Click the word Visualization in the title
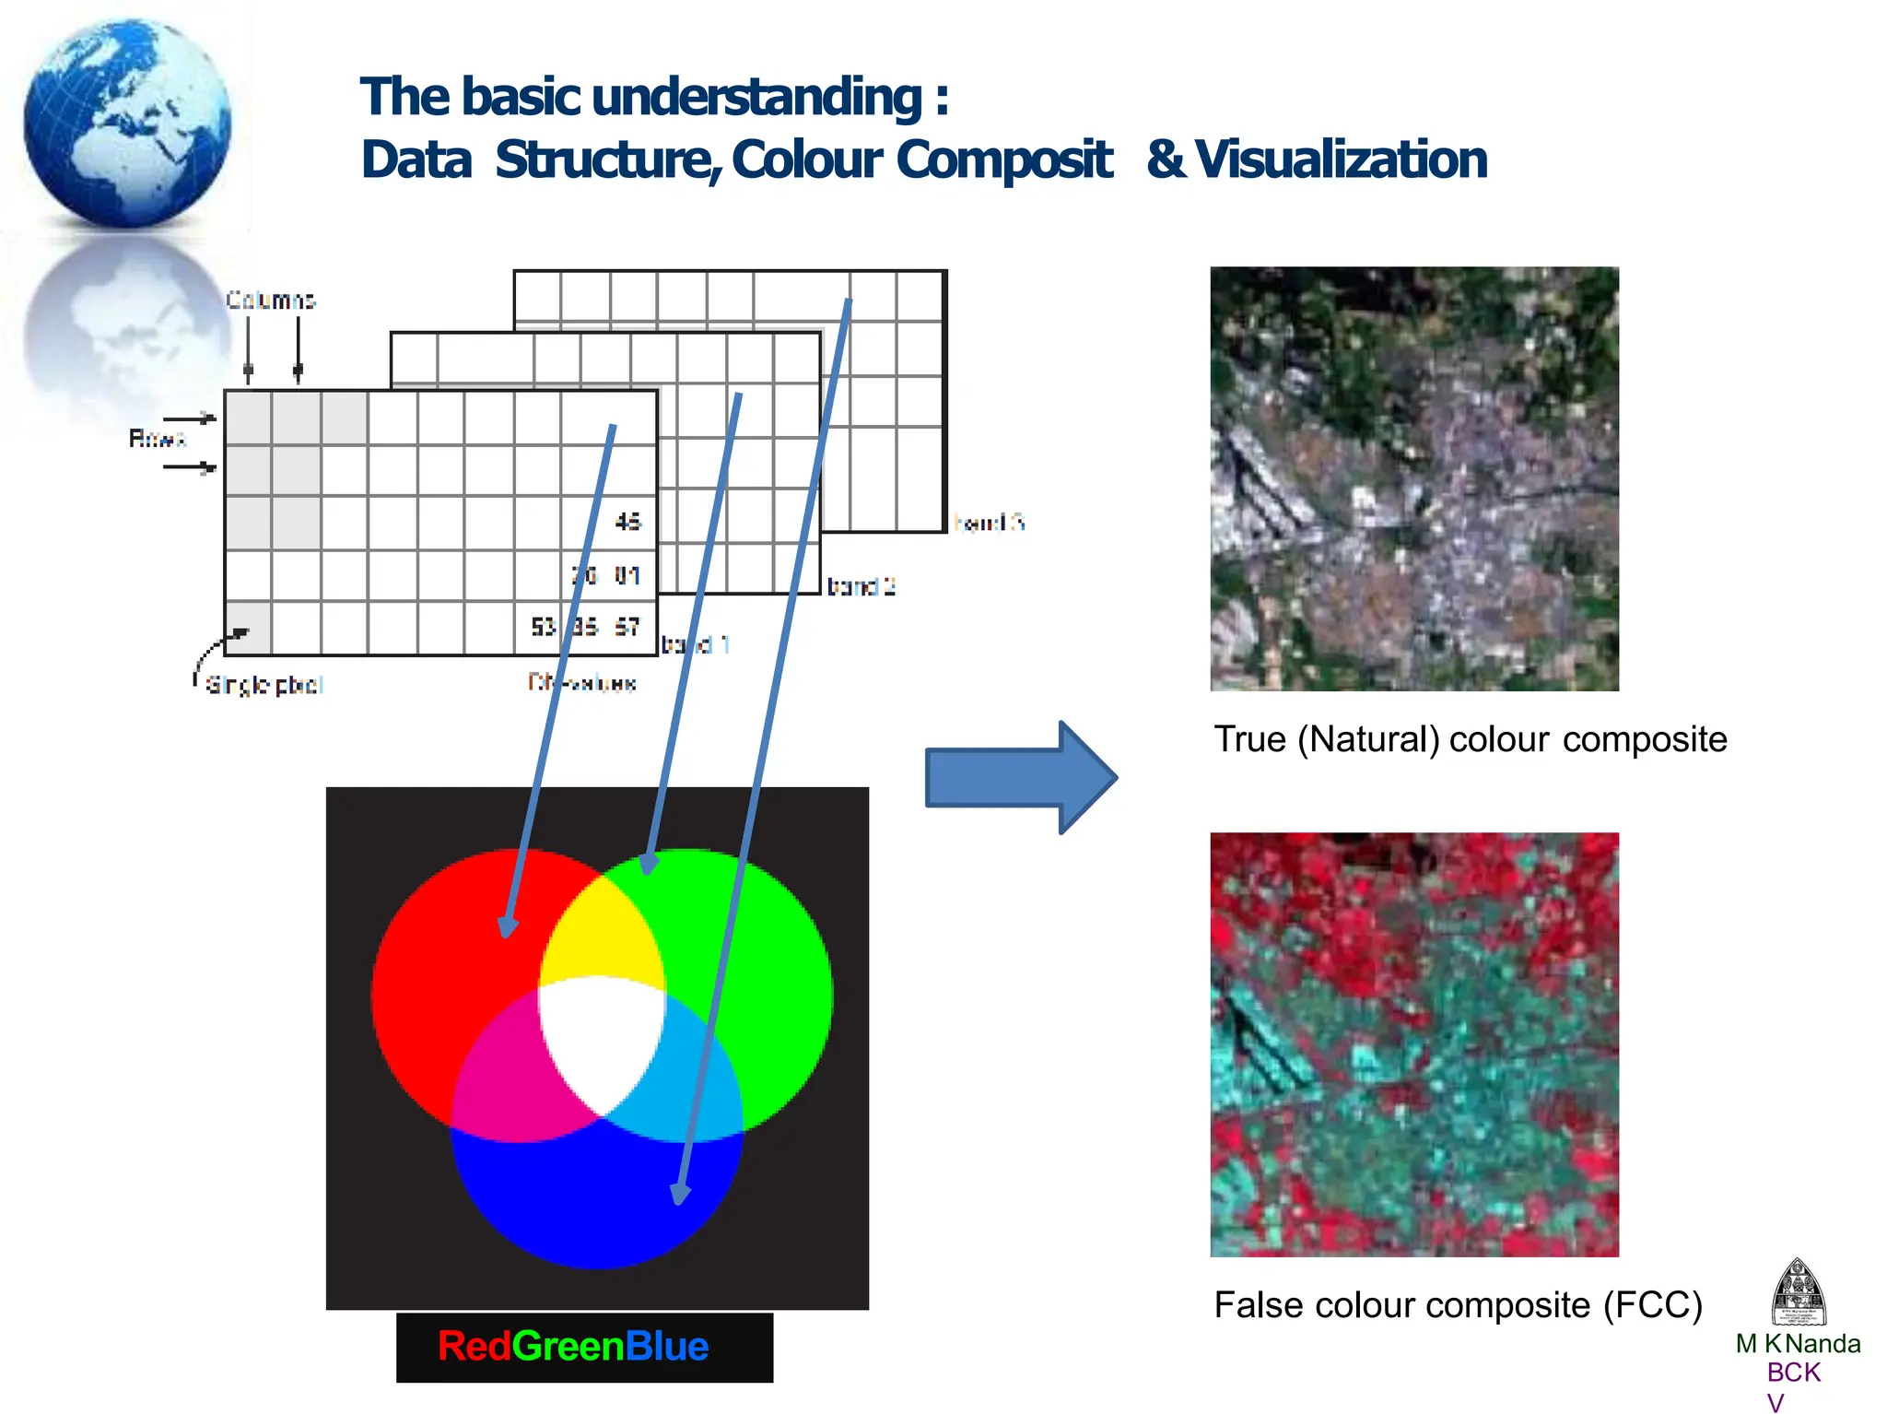pos(1341,159)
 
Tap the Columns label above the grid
pos(271,300)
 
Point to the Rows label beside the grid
pos(157,439)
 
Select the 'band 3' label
pos(989,523)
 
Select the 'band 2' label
pos(861,586)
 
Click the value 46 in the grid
pos(627,522)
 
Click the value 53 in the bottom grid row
pos(543,627)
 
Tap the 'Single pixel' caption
pos(264,685)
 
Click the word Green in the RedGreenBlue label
pos(568,1346)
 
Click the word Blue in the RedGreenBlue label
pos(667,1346)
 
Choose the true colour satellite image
pos(1413,478)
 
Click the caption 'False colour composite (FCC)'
pos(1458,1304)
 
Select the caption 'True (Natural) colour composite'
pos(1470,739)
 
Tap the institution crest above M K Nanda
pos(1798,1291)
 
